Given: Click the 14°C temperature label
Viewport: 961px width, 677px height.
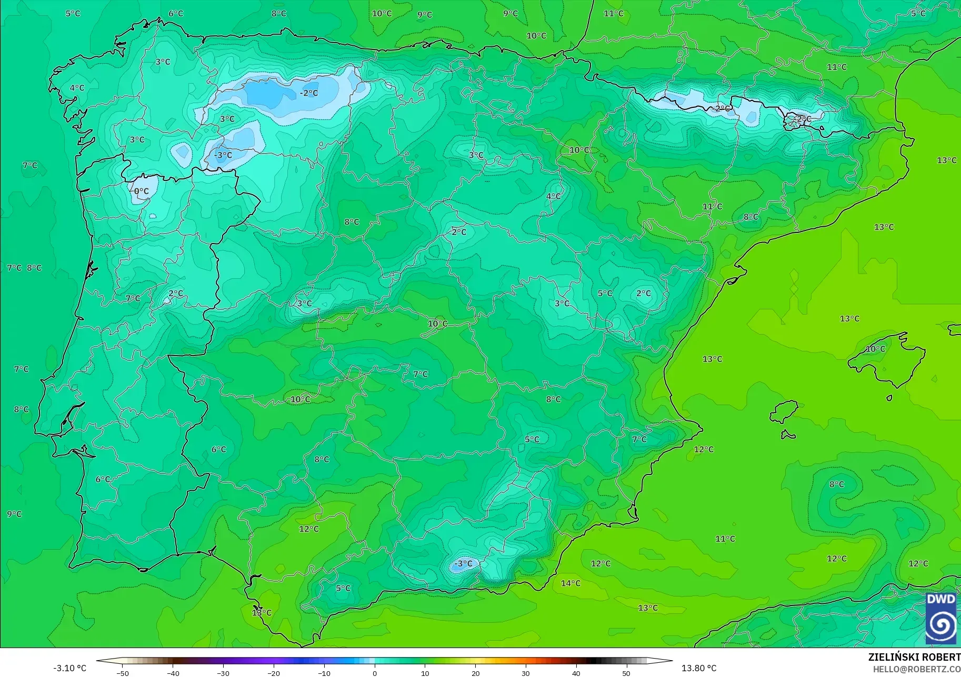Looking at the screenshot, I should tap(570, 583).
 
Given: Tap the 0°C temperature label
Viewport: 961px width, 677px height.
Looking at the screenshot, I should tap(141, 191).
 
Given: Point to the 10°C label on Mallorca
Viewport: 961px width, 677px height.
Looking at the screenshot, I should tap(875, 349).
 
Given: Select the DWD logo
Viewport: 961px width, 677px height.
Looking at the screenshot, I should tap(941, 619).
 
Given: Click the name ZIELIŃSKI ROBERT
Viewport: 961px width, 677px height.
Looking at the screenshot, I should tap(914, 658).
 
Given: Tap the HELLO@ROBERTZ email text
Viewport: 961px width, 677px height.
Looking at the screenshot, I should tap(916, 670).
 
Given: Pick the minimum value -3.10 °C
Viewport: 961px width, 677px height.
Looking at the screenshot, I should tap(69, 668).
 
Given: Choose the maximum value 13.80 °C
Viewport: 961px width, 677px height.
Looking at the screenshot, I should tap(699, 668).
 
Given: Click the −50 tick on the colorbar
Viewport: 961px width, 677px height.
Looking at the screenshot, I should tap(123, 673).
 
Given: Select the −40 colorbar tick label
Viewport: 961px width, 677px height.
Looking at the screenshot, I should tap(173, 673).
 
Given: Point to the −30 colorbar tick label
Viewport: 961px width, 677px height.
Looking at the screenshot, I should tap(223, 673).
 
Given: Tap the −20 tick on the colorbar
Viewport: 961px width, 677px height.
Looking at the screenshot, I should tap(274, 673).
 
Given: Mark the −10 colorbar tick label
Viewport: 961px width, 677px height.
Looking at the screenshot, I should tap(324, 673).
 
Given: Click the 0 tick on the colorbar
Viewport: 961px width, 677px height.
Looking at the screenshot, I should tap(375, 673).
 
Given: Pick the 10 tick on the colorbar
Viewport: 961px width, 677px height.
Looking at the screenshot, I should tap(425, 673).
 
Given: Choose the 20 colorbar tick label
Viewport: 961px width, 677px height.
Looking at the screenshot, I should tap(476, 673).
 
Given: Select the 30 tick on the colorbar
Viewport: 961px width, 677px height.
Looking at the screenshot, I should tap(526, 673).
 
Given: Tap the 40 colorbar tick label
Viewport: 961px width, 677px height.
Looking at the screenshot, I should tap(576, 673).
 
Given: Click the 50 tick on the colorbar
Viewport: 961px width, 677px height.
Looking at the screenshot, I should tap(626, 673).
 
